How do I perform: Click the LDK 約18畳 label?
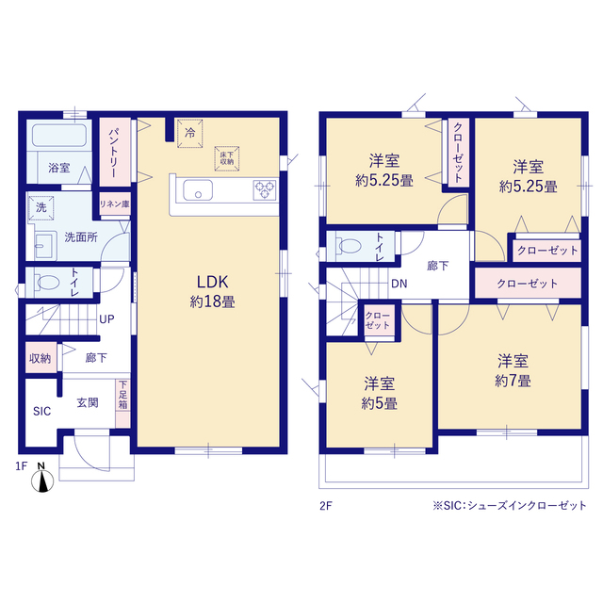[x=212, y=291]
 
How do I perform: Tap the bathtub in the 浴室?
[x=59, y=135]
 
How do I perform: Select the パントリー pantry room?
[x=115, y=153]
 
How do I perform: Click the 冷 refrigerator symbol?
[x=190, y=134]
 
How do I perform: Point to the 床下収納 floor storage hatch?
[x=227, y=158]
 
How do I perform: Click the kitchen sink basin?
[x=198, y=190]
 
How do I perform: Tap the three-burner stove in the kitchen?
[x=265, y=190]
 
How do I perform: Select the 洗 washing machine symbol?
[x=41, y=207]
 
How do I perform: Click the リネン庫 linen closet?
[x=115, y=204]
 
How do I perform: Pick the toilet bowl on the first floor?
[x=46, y=283]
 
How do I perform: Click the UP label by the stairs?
[x=106, y=319]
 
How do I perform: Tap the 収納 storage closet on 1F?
[x=41, y=358]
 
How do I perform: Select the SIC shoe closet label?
[x=41, y=411]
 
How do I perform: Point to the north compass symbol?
[x=41, y=479]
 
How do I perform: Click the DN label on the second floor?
[x=399, y=284]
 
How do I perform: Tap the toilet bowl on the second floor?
[x=349, y=246]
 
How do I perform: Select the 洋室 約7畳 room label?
[x=513, y=370]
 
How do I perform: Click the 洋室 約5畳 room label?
[x=379, y=393]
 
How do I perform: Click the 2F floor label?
[x=325, y=506]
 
